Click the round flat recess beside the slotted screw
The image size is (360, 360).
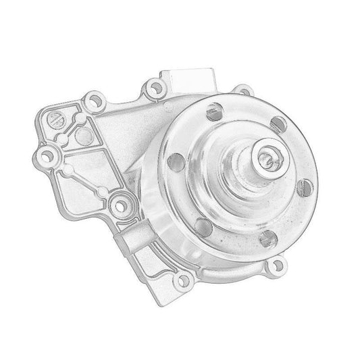click(x=83, y=134)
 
